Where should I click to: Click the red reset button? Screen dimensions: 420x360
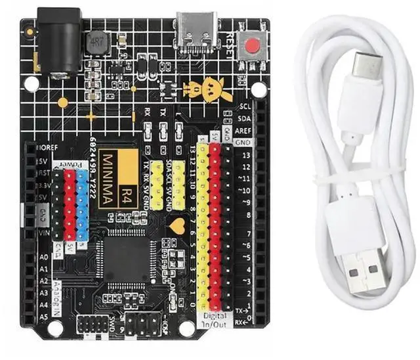pos(253,46)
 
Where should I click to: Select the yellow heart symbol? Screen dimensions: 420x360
pos(177,227)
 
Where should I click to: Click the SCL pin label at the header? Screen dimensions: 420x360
pos(245,106)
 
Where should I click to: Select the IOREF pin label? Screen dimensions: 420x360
pos(47,146)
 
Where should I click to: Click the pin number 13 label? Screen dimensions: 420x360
pos(245,156)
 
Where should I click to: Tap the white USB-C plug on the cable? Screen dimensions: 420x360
pos(364,72)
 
